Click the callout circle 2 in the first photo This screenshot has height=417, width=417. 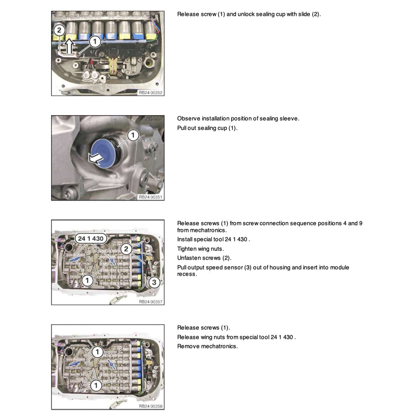[59, 30]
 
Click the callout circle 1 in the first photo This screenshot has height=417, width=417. [95, 42]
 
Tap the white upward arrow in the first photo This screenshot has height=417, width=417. [68, 44]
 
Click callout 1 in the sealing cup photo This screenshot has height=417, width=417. [133, 136]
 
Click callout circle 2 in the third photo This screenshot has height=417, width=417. [126, 249]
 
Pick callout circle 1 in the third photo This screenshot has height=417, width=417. [87, 281]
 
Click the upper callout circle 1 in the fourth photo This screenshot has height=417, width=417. [97, 351]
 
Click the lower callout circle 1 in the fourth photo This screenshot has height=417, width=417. [96, 385]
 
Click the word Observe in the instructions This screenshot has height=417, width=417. [189, 119]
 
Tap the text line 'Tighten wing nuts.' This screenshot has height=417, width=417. [200, 249]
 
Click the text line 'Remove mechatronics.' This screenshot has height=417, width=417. [207, 346]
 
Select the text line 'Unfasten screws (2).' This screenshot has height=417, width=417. [204, 258]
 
